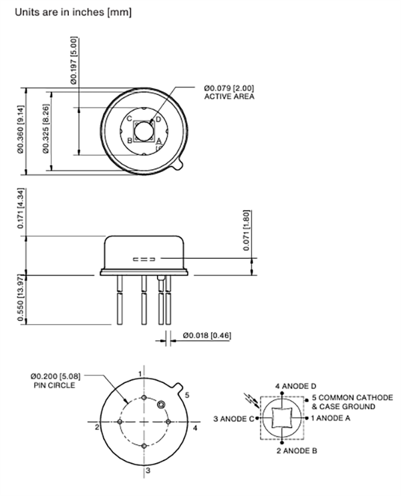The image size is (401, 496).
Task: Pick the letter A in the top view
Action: pos(158,141)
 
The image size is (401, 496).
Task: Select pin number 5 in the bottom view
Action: pos(187,395)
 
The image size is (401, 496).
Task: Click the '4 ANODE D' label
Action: pos(296,386)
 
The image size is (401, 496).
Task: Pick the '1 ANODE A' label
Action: pos(333,418)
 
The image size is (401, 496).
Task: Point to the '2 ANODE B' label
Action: pos(296,451)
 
